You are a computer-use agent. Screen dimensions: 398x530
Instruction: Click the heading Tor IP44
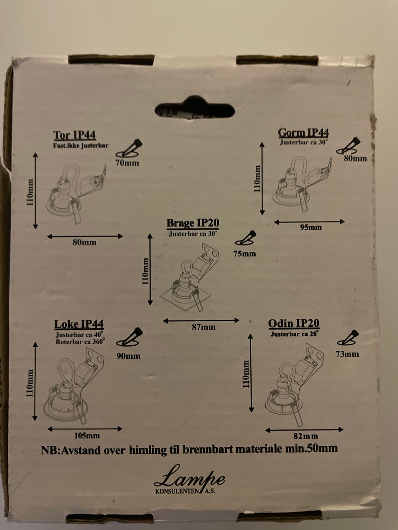75,135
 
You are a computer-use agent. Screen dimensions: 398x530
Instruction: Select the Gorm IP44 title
303,132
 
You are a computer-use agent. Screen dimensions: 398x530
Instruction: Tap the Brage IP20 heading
193,223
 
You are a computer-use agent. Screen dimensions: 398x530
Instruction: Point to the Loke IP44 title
79,324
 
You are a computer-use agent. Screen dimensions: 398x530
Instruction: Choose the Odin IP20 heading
294,323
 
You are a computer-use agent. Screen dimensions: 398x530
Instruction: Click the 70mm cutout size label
127,163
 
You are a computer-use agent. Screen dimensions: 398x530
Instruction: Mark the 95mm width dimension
311,227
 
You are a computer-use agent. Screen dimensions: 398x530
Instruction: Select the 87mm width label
204,327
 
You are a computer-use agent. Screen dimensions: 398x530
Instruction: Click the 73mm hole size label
347,354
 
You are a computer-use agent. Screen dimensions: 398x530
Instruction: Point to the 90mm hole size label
129,356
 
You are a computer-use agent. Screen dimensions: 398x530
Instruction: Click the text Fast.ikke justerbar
81,146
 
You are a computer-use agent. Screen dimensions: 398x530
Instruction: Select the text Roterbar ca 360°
80,342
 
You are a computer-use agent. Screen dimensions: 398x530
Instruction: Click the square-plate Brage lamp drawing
189,277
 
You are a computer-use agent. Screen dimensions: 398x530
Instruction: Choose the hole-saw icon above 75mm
245,238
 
